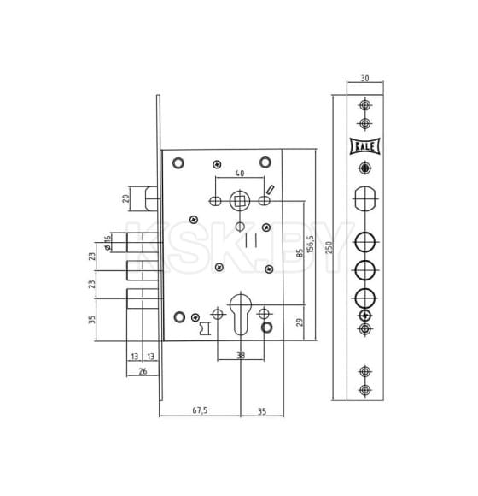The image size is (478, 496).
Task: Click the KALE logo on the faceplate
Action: tap(365, 146)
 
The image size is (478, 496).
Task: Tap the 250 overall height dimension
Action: tap(329, 247)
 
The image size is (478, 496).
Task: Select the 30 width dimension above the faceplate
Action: tap(364, 78)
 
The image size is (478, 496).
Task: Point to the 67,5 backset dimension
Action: tap(200, 410)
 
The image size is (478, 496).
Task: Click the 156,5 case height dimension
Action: tap(311, 244)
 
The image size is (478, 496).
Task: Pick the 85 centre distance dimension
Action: tap(300, 252)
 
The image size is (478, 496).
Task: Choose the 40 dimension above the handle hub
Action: tap(240, 173)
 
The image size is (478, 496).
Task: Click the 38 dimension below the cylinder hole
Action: tap(241, 356)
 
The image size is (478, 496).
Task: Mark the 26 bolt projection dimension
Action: tap(143, 371)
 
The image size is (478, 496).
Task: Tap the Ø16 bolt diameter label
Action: tap(108, 242)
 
